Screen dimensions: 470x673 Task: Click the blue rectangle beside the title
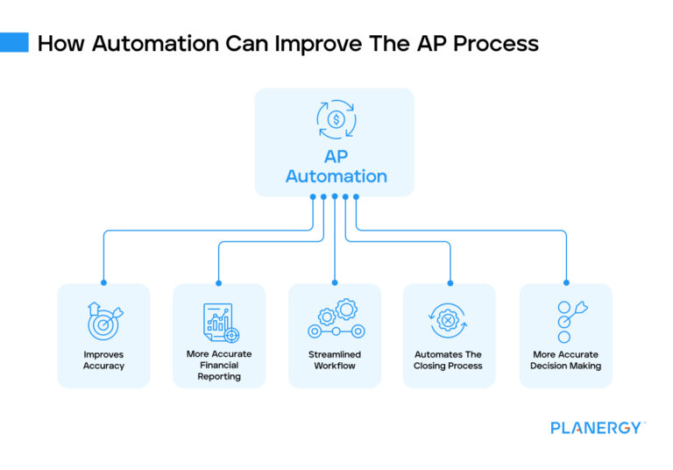(14, 42)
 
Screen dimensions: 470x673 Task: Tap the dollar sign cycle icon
(336, 120)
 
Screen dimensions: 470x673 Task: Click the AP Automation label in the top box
(336, 167)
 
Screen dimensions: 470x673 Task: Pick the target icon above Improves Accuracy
(104, 321)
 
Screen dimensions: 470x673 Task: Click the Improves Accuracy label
(103, 360)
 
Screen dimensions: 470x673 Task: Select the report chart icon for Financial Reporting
(219, 323)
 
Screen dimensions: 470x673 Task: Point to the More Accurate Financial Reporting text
(219, 366)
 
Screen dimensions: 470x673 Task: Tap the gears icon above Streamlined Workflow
(335, 319)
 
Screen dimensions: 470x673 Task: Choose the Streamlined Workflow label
(335, 360)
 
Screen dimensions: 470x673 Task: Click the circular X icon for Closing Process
(450, 321)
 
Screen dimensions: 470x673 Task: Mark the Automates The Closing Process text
(449, 360)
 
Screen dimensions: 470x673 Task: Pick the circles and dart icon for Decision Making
(566, 321)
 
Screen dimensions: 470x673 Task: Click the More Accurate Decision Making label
(565, 360)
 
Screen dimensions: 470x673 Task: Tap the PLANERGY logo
(598, 428)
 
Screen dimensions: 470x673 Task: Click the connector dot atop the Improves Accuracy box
(103, 283)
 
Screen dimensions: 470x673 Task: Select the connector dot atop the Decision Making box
(565, 283)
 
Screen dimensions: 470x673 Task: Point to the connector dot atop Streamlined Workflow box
(335, 283)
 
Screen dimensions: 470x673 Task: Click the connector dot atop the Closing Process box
(450, 283)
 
